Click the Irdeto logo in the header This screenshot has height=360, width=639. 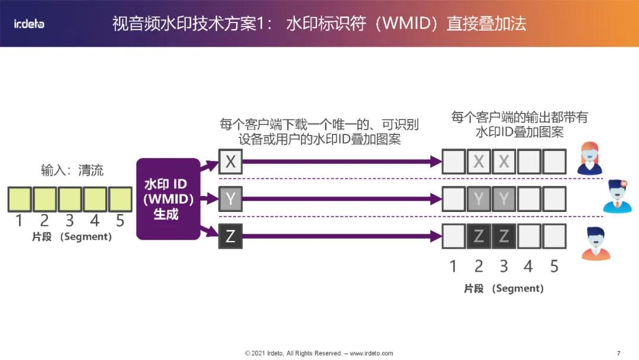tap(29, 24)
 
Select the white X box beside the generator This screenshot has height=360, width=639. tap(230, 160)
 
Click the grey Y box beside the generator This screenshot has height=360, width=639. tap(230, 199)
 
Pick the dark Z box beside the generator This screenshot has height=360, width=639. tap(230, 236)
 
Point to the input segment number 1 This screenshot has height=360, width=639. tap(19, 221)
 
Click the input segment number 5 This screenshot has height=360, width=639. tap(120, 221)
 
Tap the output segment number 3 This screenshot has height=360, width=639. tap(504, 266)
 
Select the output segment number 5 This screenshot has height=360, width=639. tap(554, 266)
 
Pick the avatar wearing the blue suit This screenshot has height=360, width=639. tap(617, 197)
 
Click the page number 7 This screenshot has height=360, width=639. tap(618, 353)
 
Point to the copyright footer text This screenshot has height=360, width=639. tap(319, 353)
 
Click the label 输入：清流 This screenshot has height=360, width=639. tap(72, 171)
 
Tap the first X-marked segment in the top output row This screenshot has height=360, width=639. tap(479, 162)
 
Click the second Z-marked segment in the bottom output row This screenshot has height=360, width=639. tap(504, 236)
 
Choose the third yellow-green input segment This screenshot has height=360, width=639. tap(69, 199)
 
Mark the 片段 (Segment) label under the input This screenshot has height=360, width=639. tap(72, 237)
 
